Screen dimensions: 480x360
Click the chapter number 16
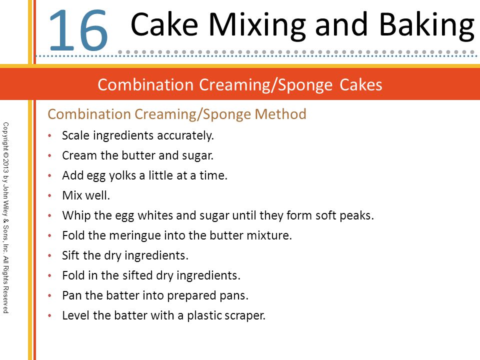(78, 30)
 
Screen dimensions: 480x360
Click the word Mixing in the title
(257, 26)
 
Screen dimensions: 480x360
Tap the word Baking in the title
(427, 26)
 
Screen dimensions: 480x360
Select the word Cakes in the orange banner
(361, 85)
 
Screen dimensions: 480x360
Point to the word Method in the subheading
(280, 114)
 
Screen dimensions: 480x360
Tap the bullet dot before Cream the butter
(49, 155)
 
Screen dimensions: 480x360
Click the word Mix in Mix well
(72, 195)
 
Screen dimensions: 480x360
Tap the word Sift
(71, 255)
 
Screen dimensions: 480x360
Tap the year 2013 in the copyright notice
(6, 166)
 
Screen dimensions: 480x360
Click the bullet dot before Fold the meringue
(49, 235)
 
